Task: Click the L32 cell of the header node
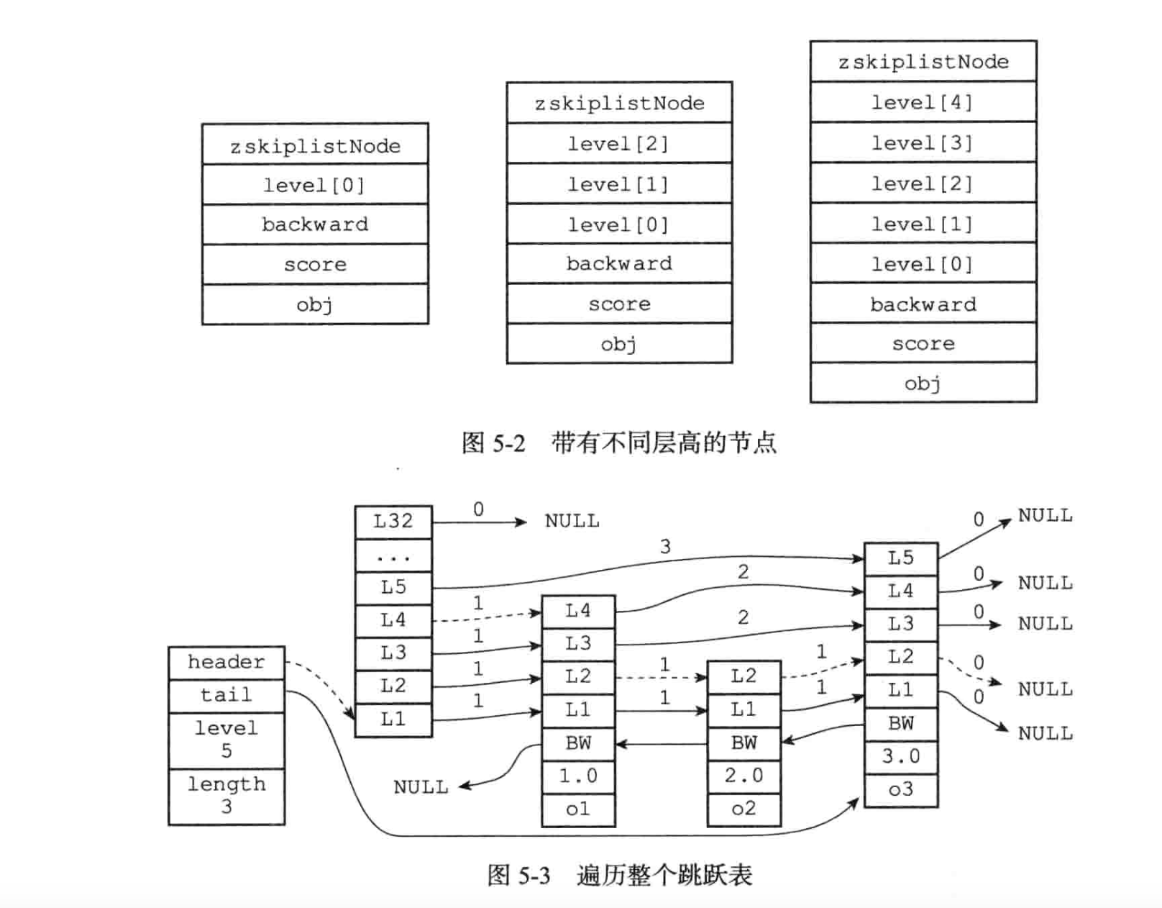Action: point(393,522)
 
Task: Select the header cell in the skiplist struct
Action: point(227,663)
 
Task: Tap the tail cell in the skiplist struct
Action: point(227,696)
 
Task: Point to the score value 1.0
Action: point(578,776)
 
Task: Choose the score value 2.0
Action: point(744,776)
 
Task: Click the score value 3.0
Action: point(900,757)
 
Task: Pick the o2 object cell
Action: point(744,809)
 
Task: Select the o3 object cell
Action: point(900,790)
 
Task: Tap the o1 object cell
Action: point(578,809)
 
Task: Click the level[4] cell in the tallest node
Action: point(923,102)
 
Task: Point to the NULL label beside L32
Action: point(572,522)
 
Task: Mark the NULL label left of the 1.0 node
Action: point(421,788)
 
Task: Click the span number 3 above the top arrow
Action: point(665,547)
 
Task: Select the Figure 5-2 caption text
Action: point(618,442)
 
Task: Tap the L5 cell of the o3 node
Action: point(900,559)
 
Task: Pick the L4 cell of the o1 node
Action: point(578,612)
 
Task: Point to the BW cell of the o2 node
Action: point(744,743)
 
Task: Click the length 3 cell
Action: point(227,796)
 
